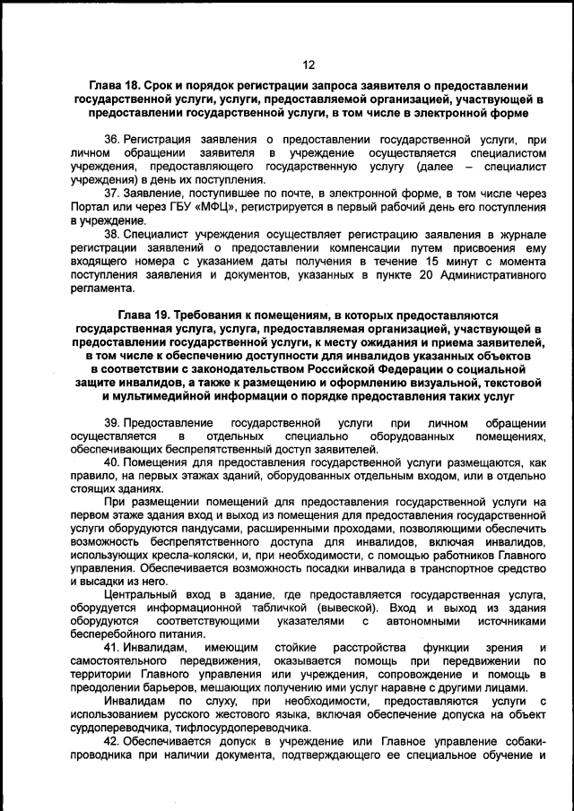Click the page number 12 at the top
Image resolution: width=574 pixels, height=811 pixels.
pyautogui.click(x=309, y=65)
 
